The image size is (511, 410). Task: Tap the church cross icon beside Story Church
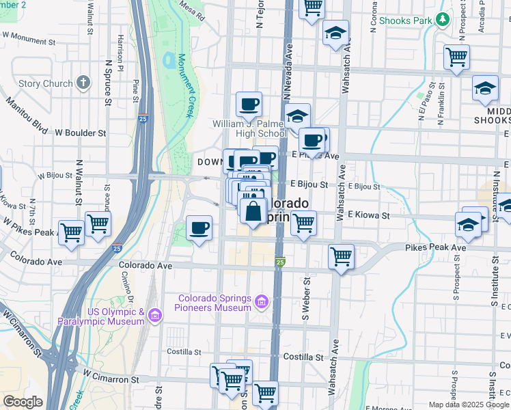83,83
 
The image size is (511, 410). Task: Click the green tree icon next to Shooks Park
443,20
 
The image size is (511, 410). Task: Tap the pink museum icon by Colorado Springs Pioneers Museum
261,301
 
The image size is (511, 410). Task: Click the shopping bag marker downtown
253,210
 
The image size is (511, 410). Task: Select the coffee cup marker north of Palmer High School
249,105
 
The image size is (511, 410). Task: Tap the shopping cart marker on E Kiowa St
303,222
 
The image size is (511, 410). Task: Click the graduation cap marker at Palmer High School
297,115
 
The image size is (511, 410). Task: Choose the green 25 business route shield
280,262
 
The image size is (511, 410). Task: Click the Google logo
23,402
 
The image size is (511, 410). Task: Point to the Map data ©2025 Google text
468,405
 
